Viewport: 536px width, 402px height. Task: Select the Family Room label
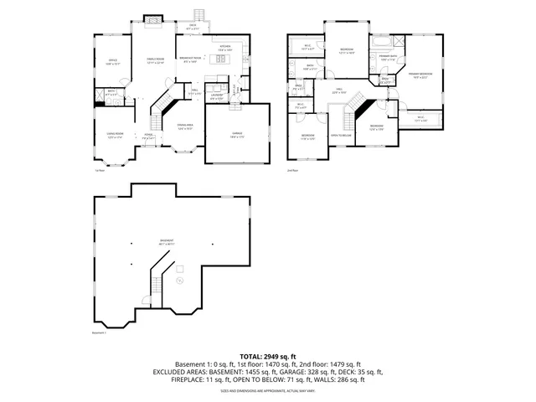coord(155,59)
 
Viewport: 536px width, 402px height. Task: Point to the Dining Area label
coord(186,128)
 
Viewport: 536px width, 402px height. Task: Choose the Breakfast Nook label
coord(189,59)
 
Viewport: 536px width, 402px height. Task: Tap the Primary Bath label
coord(388,59)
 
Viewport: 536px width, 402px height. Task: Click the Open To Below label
coord(340,135)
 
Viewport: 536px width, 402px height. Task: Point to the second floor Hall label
coord(340,90)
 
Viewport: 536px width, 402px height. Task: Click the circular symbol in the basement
coord(178,281)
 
